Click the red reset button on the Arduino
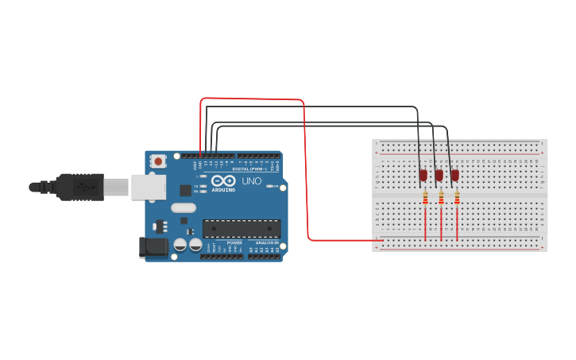pyautogui.click(x=158, y=161)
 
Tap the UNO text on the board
pyautogui.click(x=251, y=181)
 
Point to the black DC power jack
pyautogui.click(x=153, y=248)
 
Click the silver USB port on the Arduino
pyautogui.click(x=149, y=187)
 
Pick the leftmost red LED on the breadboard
pyautogui.click(x=423, y=175)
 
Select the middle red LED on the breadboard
pyautogui.click(x=439, y=175)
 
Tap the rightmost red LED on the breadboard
pyautogui.click(x=454, y=175)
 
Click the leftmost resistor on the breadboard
pyautogui.click(x=425, y=197)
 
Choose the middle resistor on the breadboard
pyautogui.click(x=441, y=197)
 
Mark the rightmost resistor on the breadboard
pyautogui.click(x=457, y=197)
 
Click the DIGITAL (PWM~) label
pyautogui.click(x=249, y=169)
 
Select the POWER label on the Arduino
pyautogui.click(x=234, y=242)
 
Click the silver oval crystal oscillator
pyautogui.click(x=183, y=208)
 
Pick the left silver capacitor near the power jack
pyautogui.click(x=180, y=245)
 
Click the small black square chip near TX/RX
pyautogui.click(x=185, y=190)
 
